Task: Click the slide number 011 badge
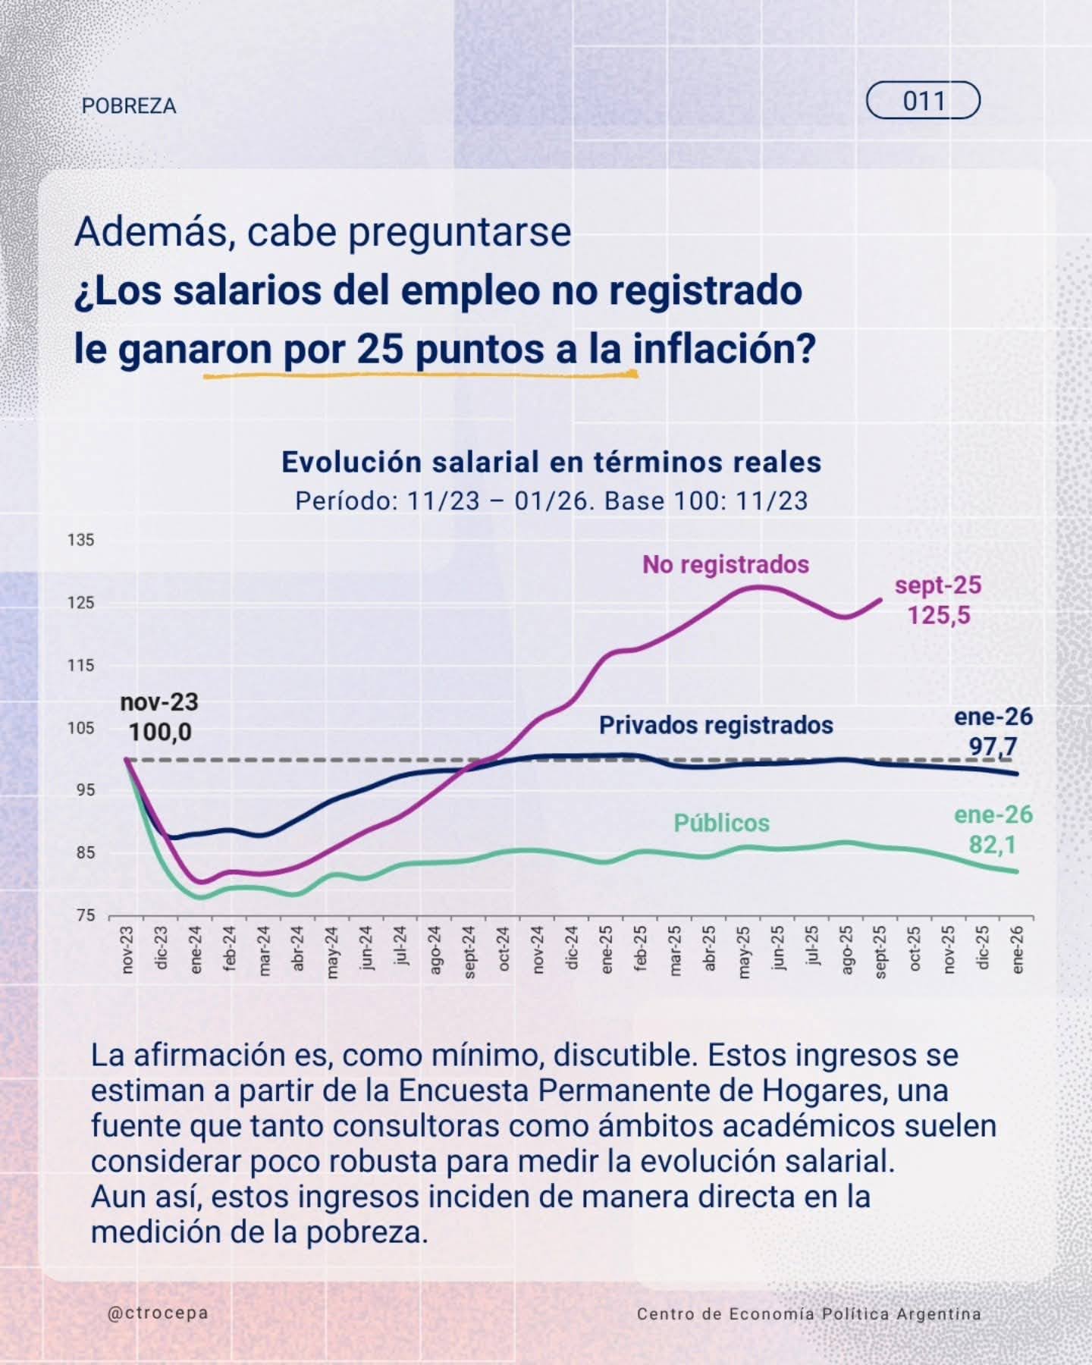tap(923, 101)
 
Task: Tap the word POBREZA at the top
tap(129, 105)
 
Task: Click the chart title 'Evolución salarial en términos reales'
tap(551, 462)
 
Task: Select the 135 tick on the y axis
tap(82, 541)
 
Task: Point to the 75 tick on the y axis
tap(86, 915)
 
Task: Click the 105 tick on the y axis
tap(82, 728)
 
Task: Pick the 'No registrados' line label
tap(726, 564)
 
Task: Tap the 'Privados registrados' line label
tap(716, 725)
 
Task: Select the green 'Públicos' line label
tap(721, 823)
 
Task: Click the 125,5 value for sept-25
tap(939, 615)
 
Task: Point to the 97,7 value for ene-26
tap(993, 747)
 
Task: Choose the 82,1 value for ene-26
tap(993, 845)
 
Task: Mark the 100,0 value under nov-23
tap(159, 733)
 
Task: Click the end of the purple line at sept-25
tap(880, 599)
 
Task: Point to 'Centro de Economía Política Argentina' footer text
tap(808, 1314)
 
